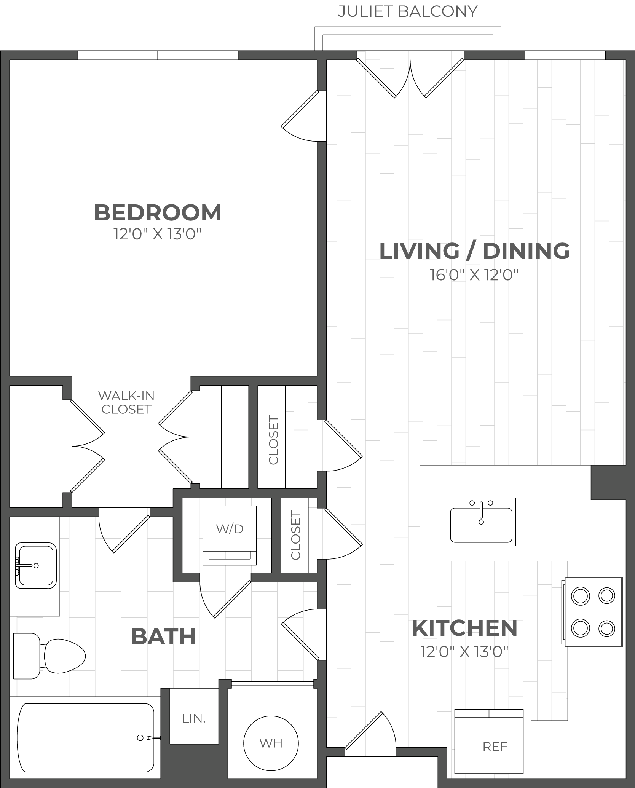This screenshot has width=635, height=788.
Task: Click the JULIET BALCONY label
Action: click(x=407, y=11)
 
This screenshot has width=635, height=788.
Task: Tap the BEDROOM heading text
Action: click(x=158, y=212)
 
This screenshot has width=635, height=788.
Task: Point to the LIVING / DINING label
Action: click(x=475, y=251)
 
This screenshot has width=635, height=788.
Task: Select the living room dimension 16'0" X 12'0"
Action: click(x=474, y=274)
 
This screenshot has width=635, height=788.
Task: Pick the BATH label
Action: click(x=163, y=636)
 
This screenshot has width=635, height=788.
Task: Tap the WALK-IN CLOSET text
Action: click(x=126, y=402)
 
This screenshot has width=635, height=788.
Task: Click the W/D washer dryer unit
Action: click(x=230, y=535)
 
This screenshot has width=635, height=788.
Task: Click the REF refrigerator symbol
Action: click(x=489, y=741)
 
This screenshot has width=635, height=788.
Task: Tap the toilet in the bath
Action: click(x=49, y=656)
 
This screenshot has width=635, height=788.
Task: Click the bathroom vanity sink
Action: click(x=35, y=565)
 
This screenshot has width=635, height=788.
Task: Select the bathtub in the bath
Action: click(x=85, y=737)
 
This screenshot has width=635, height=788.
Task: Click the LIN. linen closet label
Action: click(x=194, y=718)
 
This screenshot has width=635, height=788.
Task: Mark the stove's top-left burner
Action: click(x=581, y=596)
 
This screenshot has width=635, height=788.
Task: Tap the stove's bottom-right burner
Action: click(x=607, y=629)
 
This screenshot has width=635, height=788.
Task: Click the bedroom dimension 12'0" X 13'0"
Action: click(x=157, y=234)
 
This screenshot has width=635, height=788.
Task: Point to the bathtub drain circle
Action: click(x=140, y=738)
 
